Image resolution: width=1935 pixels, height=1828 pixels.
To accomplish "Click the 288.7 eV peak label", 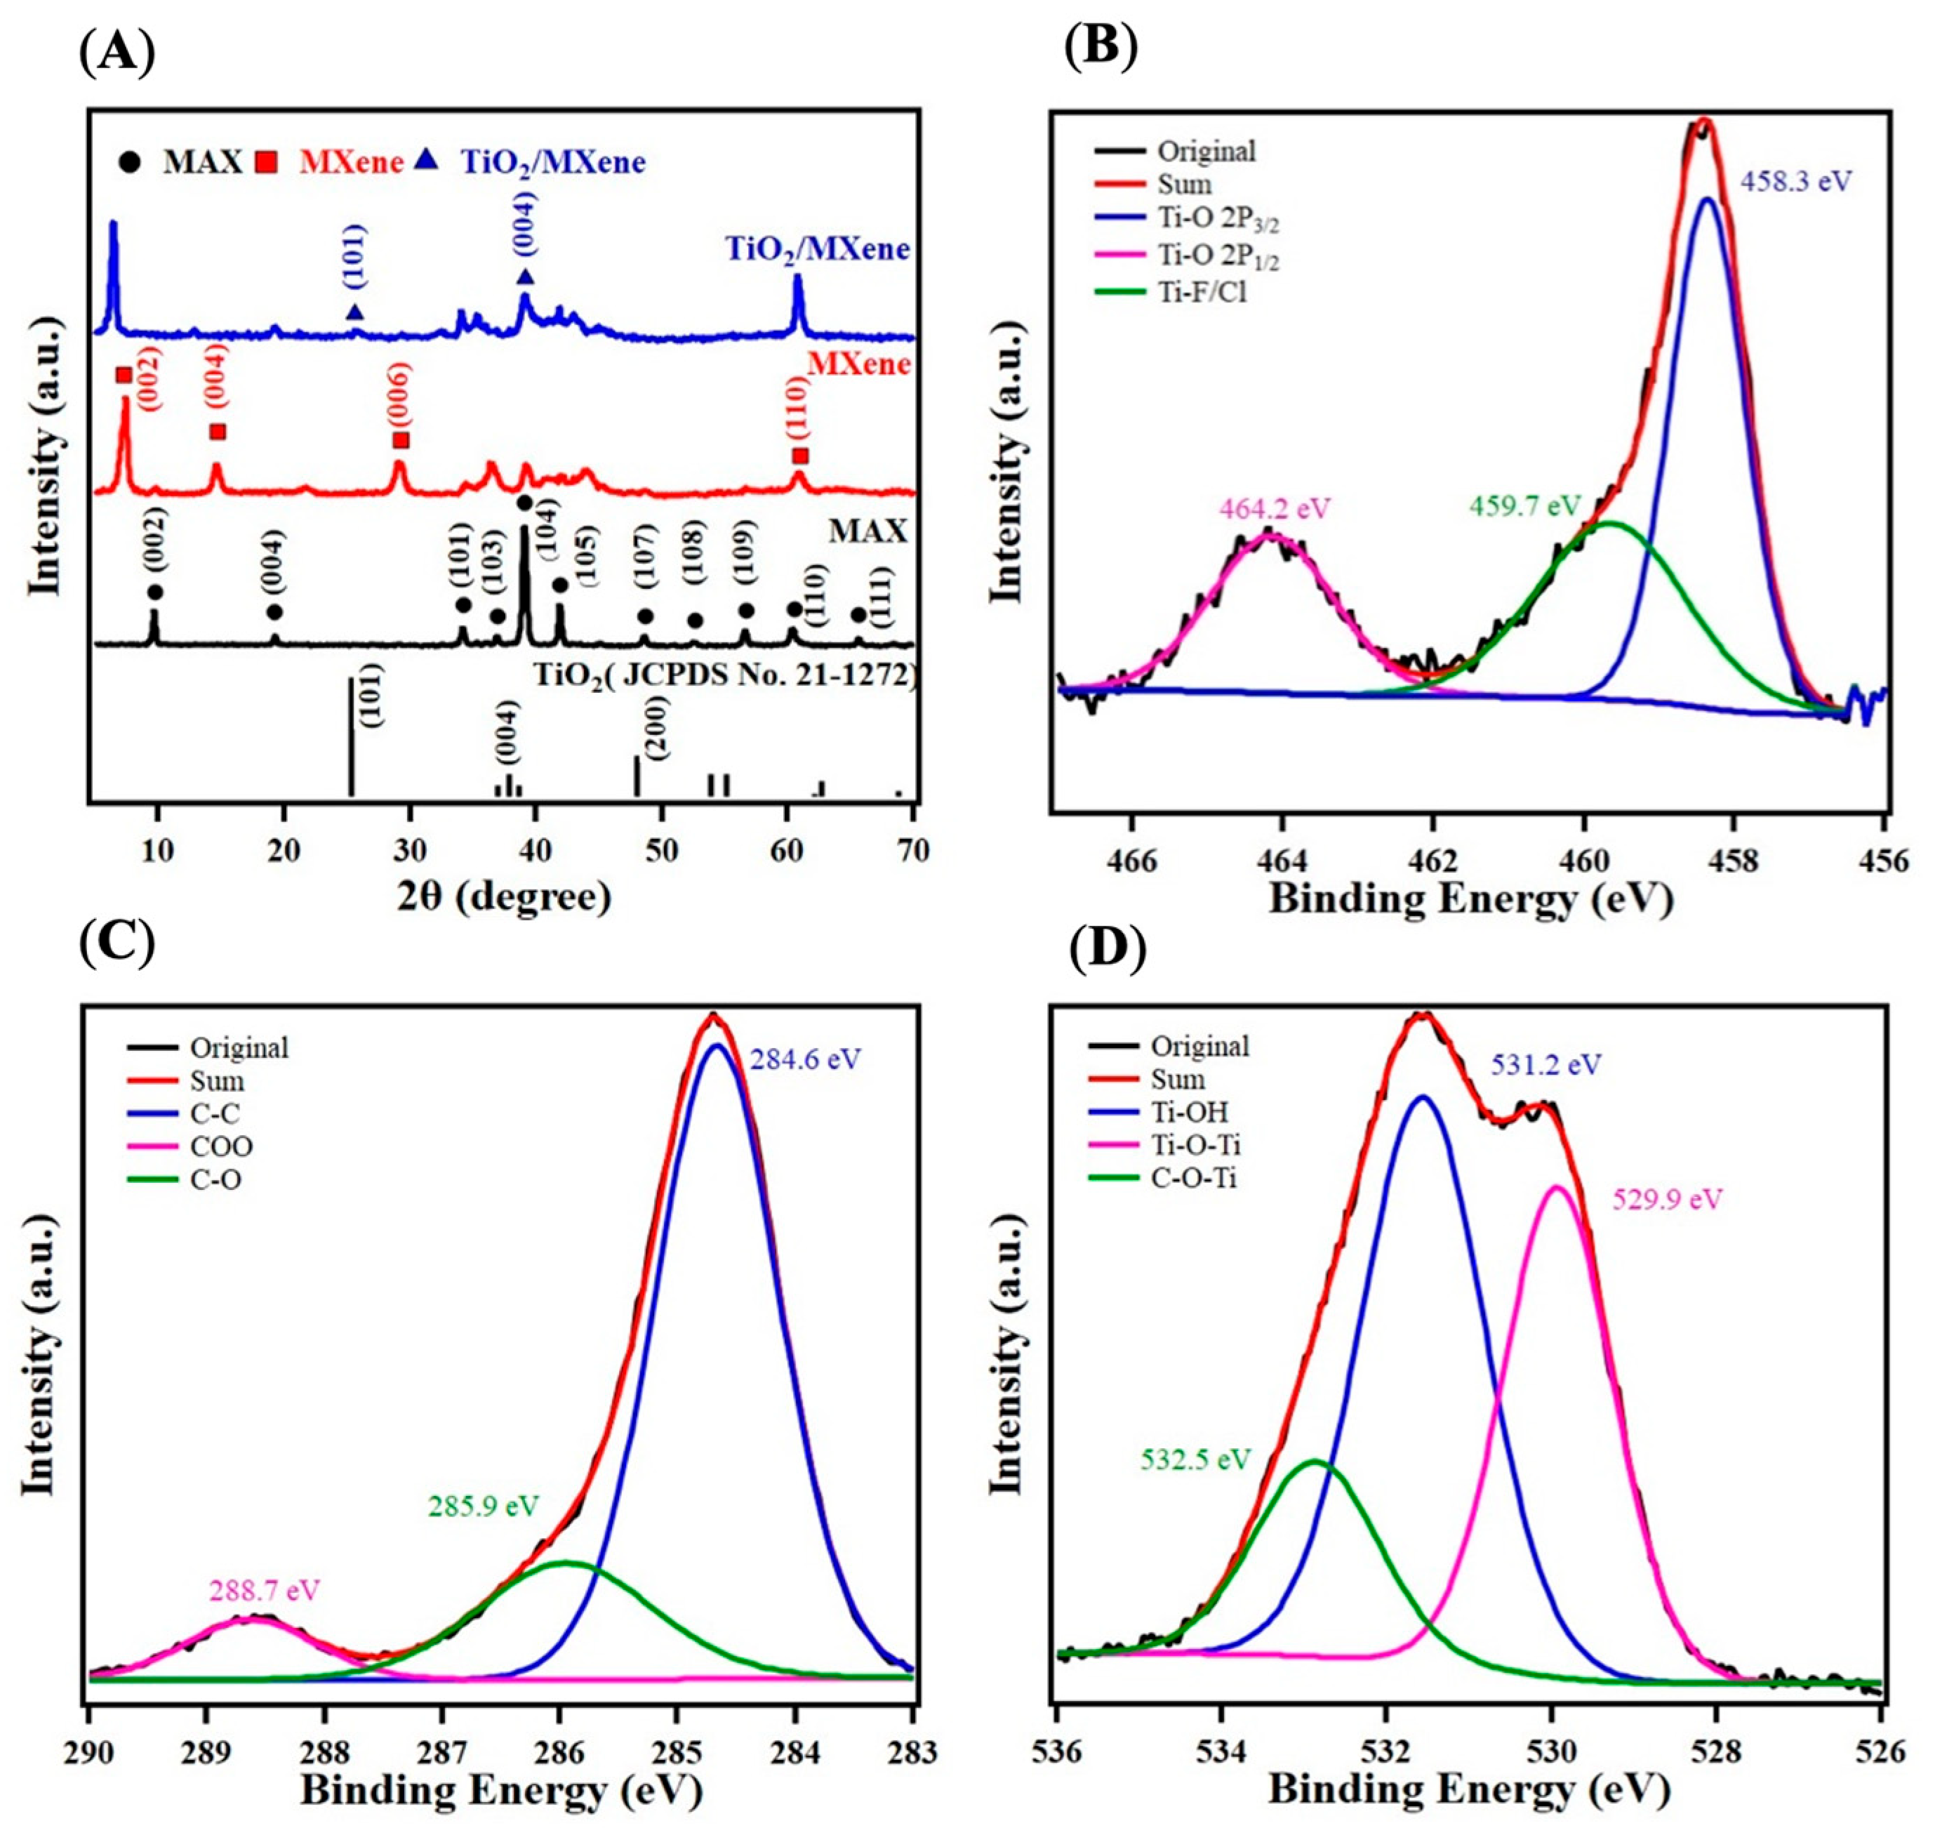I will click(x=264, y=1591).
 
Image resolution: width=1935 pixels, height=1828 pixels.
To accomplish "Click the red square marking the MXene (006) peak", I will click(x=401, y=440).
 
